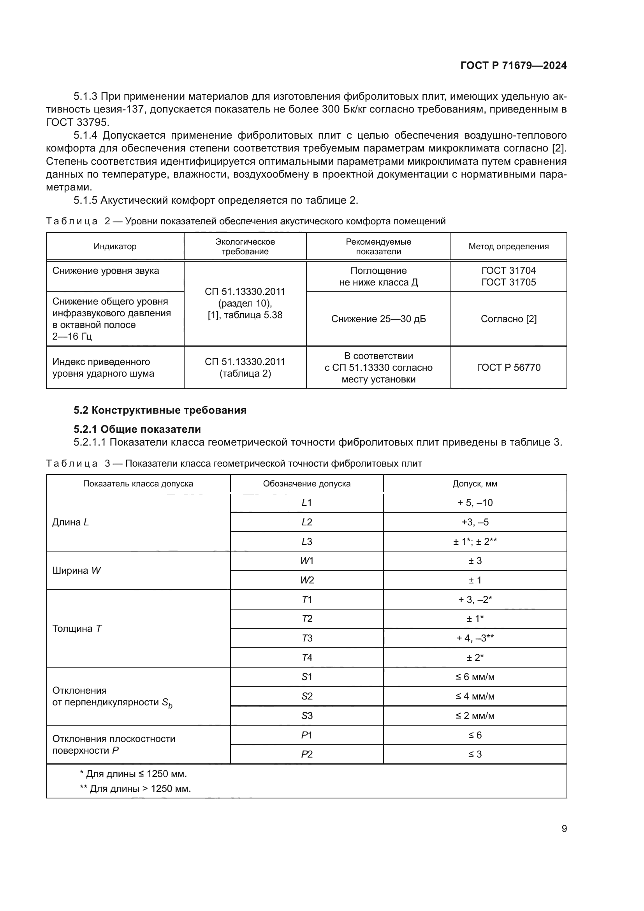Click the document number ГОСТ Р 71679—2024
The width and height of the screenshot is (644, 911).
click(x=513, y=65)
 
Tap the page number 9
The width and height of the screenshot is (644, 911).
click(x=564, y=828)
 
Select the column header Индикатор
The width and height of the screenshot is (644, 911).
click(x=115, y=247)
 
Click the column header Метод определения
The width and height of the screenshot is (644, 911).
click(x=509, y=247)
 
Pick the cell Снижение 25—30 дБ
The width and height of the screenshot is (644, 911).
click(x=378, y=319)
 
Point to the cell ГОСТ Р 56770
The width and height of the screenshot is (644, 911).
click(x=509, y=367)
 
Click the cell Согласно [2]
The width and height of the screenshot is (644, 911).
click(x=509, y=319)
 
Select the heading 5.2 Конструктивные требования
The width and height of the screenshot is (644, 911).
click(x=160, y=410)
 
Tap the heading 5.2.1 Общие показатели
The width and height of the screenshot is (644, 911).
click(x=137, y=429)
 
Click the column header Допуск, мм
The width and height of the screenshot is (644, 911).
click(x=475, y=484)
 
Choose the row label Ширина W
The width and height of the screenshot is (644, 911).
click(x=77, y=571)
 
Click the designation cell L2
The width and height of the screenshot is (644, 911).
click(x=306, y=522)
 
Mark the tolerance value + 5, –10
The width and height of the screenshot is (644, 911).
click(x=475, y=503)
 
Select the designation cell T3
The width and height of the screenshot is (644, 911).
click(x=306, y=638)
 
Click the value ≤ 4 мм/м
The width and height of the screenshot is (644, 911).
click(x=475, y=696)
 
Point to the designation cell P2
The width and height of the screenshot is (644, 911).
click(x=306, y=754)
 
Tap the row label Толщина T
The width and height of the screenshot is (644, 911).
click(x=77, y=629)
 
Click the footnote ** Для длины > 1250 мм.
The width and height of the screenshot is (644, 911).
click(x=135, y=788)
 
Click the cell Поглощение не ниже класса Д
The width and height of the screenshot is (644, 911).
click(x=378, y=277)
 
